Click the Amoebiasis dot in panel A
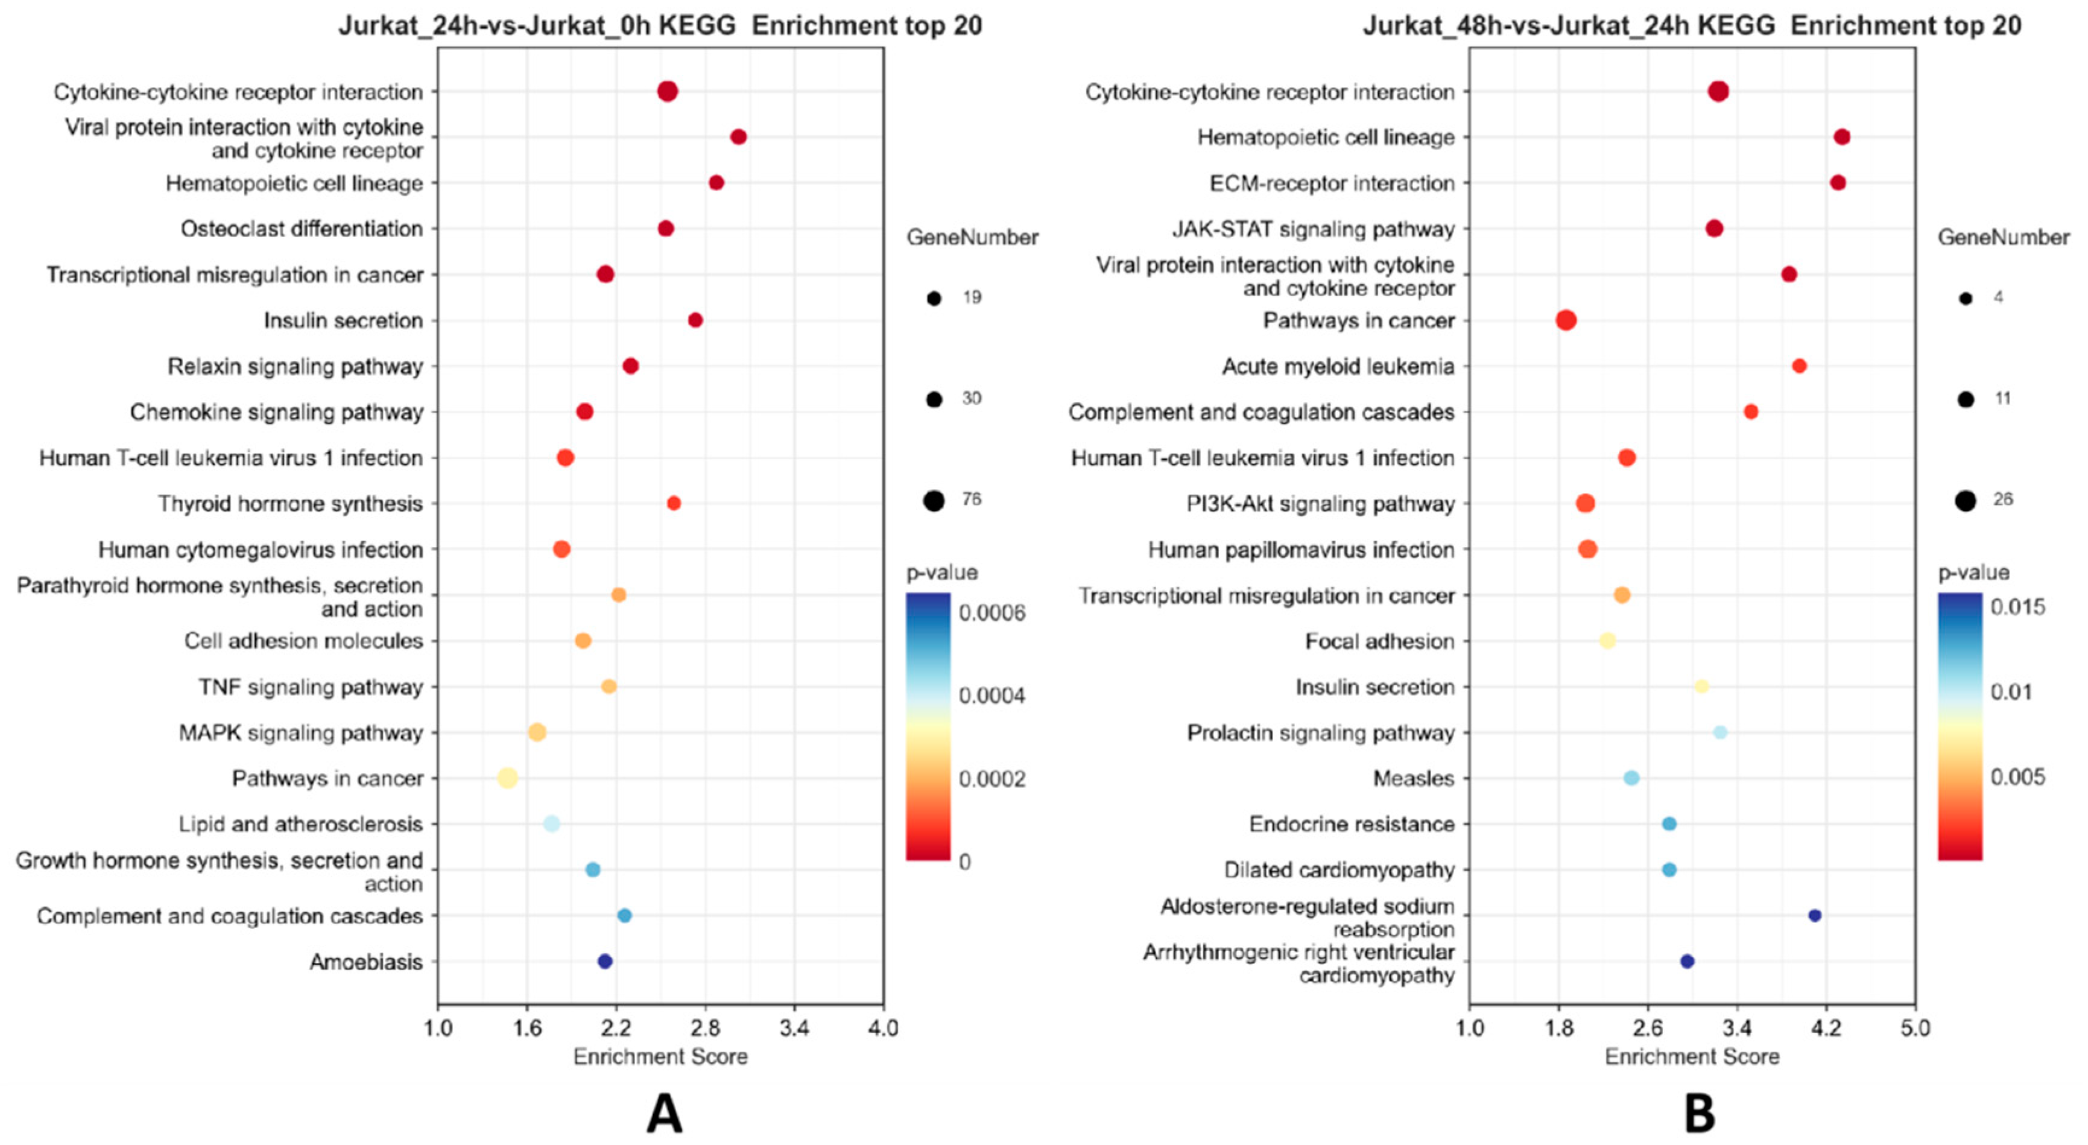(605, 961)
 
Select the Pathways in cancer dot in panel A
(507, 778)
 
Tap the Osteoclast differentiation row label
(302, 229)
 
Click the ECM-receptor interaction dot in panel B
(1838, 182)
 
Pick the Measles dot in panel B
(1631, 778)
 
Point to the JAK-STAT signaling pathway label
(1313, 229)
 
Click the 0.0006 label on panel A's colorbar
(992, 613)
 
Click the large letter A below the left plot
(664, 1114)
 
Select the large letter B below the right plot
(1699, 1114)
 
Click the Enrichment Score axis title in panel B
(1692, 1056)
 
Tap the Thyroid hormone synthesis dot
(674, 504)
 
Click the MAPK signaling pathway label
(301, 733)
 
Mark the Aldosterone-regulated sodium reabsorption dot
(1815, 916)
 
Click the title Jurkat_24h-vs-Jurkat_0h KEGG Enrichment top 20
(660, 26)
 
